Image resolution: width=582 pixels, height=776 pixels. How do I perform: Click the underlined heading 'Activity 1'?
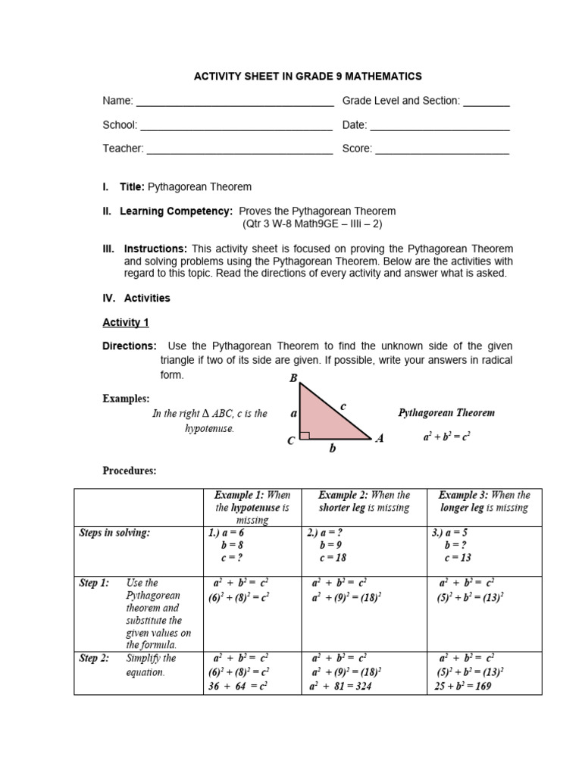(126, 322)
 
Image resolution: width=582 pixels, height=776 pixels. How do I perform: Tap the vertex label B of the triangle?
(293, 377)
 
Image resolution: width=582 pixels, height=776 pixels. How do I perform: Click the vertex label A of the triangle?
(380, 440)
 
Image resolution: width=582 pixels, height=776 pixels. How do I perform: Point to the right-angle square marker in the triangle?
(305, 435)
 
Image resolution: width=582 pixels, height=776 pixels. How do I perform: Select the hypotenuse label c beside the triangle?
(343, 407)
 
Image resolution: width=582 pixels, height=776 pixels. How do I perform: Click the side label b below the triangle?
(332, 449)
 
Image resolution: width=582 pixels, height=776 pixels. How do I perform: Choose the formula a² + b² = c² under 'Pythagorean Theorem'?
(447, 438)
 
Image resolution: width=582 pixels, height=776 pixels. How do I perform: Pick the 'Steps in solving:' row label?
(114, 533)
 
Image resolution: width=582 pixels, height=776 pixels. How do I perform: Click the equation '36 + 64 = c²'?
(237, 687)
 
